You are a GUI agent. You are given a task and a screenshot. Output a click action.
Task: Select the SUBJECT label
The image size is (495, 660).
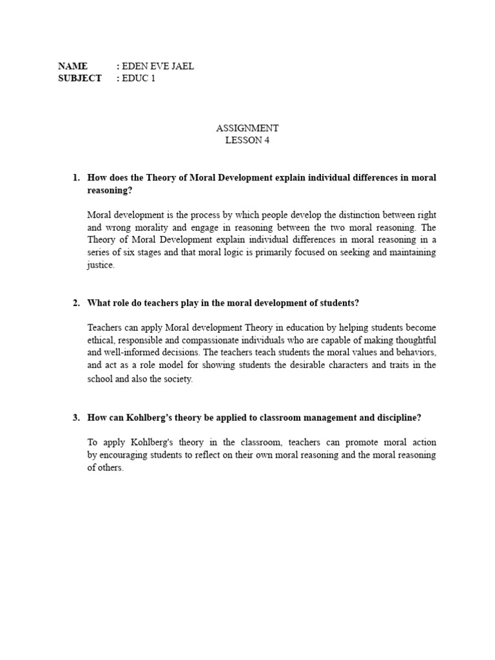tap(79, 78)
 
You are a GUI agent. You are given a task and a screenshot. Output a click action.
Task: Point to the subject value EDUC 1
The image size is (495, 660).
tap(139, 78)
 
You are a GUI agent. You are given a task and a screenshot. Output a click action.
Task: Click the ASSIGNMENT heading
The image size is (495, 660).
tap(247, 128)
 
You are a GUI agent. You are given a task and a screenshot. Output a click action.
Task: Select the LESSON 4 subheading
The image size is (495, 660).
tap(247, 141)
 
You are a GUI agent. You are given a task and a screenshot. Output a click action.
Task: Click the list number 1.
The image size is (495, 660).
tap(75, 177)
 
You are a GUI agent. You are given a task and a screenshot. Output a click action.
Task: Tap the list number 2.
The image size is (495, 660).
tap(75, 303)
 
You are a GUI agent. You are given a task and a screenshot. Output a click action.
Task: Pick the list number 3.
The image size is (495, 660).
tap(75, 418)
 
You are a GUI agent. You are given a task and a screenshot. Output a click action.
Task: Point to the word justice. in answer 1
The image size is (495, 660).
tap(101, 265)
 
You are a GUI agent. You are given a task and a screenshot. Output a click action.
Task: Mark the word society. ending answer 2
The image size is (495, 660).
tap(177, 379)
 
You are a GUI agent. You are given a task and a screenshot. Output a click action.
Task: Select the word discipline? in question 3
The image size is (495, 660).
tap(397, 418)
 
